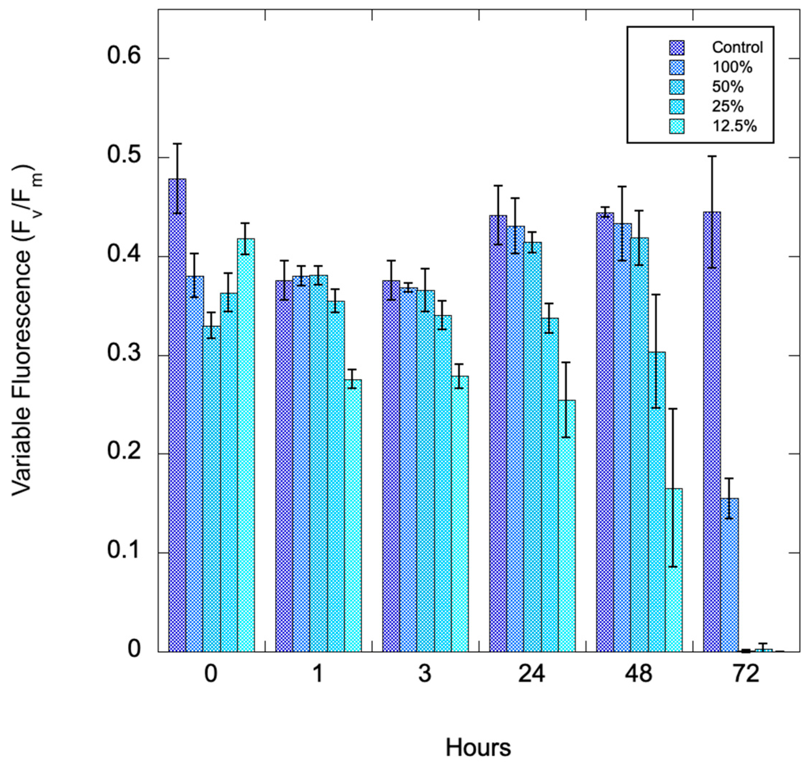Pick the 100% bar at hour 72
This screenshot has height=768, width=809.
click(x=730, y=575)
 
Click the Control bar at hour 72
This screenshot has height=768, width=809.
click(x=712, y=431)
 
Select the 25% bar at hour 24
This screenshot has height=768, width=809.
click(x=550, y=485)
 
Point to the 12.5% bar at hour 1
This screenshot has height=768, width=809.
click(x=353, y=515)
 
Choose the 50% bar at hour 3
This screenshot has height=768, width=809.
click(x=426, y=471)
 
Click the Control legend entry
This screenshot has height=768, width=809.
click(x=737, y=48)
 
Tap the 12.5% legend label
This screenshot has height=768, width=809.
click(x=734, y=126)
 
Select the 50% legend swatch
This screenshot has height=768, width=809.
click(x=677, y=87)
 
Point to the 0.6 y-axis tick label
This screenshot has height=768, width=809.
click(x=124, y=57)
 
